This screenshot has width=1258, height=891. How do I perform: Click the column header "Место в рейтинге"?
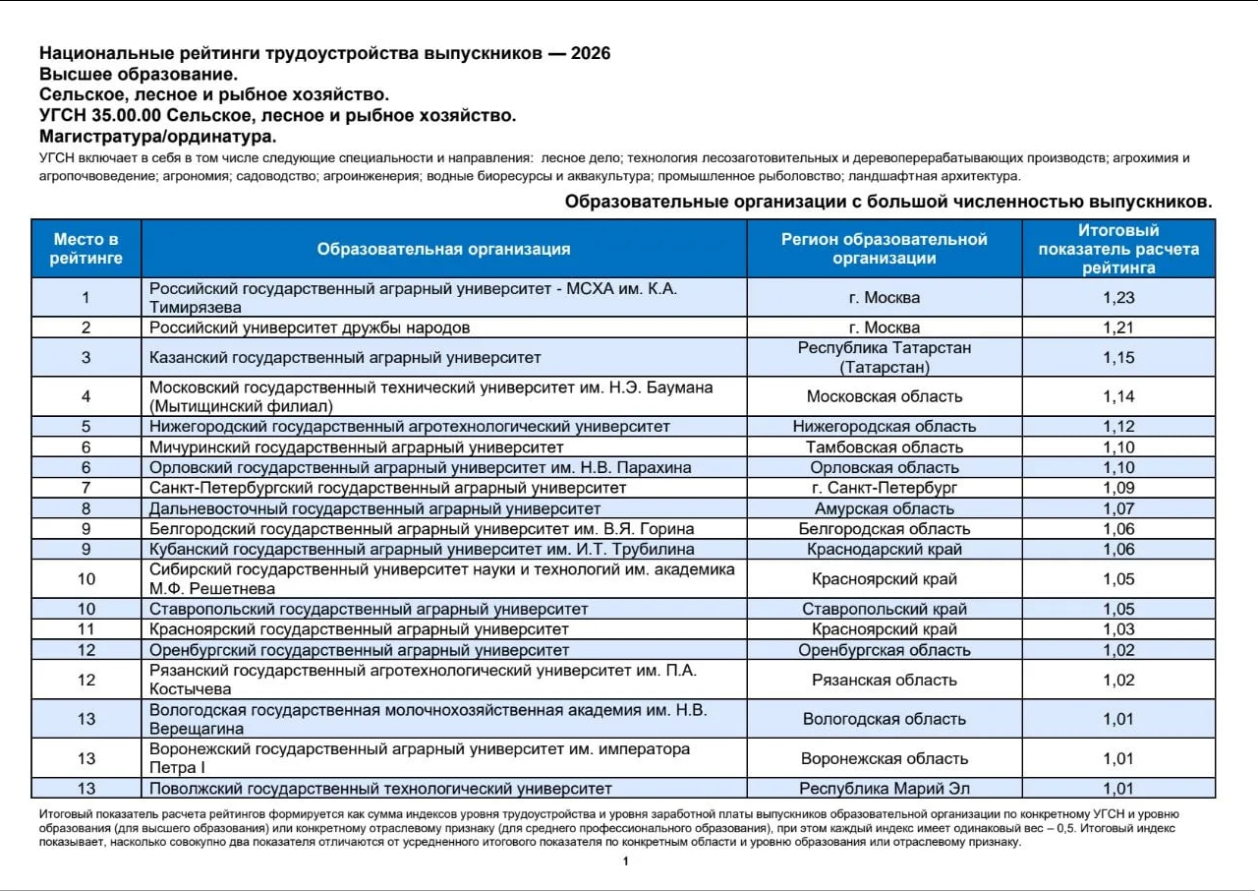click(86, 249)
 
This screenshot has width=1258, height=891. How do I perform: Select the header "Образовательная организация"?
click(443, 249)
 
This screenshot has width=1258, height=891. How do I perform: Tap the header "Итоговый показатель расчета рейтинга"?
click(1118, 249)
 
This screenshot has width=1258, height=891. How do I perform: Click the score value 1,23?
click(1118, 298)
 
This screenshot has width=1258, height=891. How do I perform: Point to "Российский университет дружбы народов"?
click(310, 327)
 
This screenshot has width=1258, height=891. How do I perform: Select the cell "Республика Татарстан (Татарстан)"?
click(885, 357)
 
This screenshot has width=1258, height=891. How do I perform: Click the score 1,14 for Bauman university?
click(1118, 396)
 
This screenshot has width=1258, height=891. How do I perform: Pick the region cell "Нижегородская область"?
click(885, 427)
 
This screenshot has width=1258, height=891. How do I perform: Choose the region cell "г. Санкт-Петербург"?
click(885, 488)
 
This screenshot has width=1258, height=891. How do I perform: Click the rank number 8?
click(86, 508)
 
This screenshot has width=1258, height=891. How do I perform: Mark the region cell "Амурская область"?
click(885, 508)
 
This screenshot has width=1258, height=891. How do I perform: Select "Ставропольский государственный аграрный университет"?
click(369, 610)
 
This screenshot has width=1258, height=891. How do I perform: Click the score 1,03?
click(1118, 629)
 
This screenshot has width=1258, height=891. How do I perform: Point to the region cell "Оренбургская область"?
click(885, 650)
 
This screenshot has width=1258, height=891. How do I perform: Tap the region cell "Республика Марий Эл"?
click(885, 789)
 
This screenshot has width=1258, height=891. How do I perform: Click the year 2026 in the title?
click(590, 53)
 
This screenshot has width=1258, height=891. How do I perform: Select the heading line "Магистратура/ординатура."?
click(158, 136)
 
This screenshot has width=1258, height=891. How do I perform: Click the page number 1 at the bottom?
click(625, 861)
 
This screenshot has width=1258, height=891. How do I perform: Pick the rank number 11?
click(86, 629)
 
